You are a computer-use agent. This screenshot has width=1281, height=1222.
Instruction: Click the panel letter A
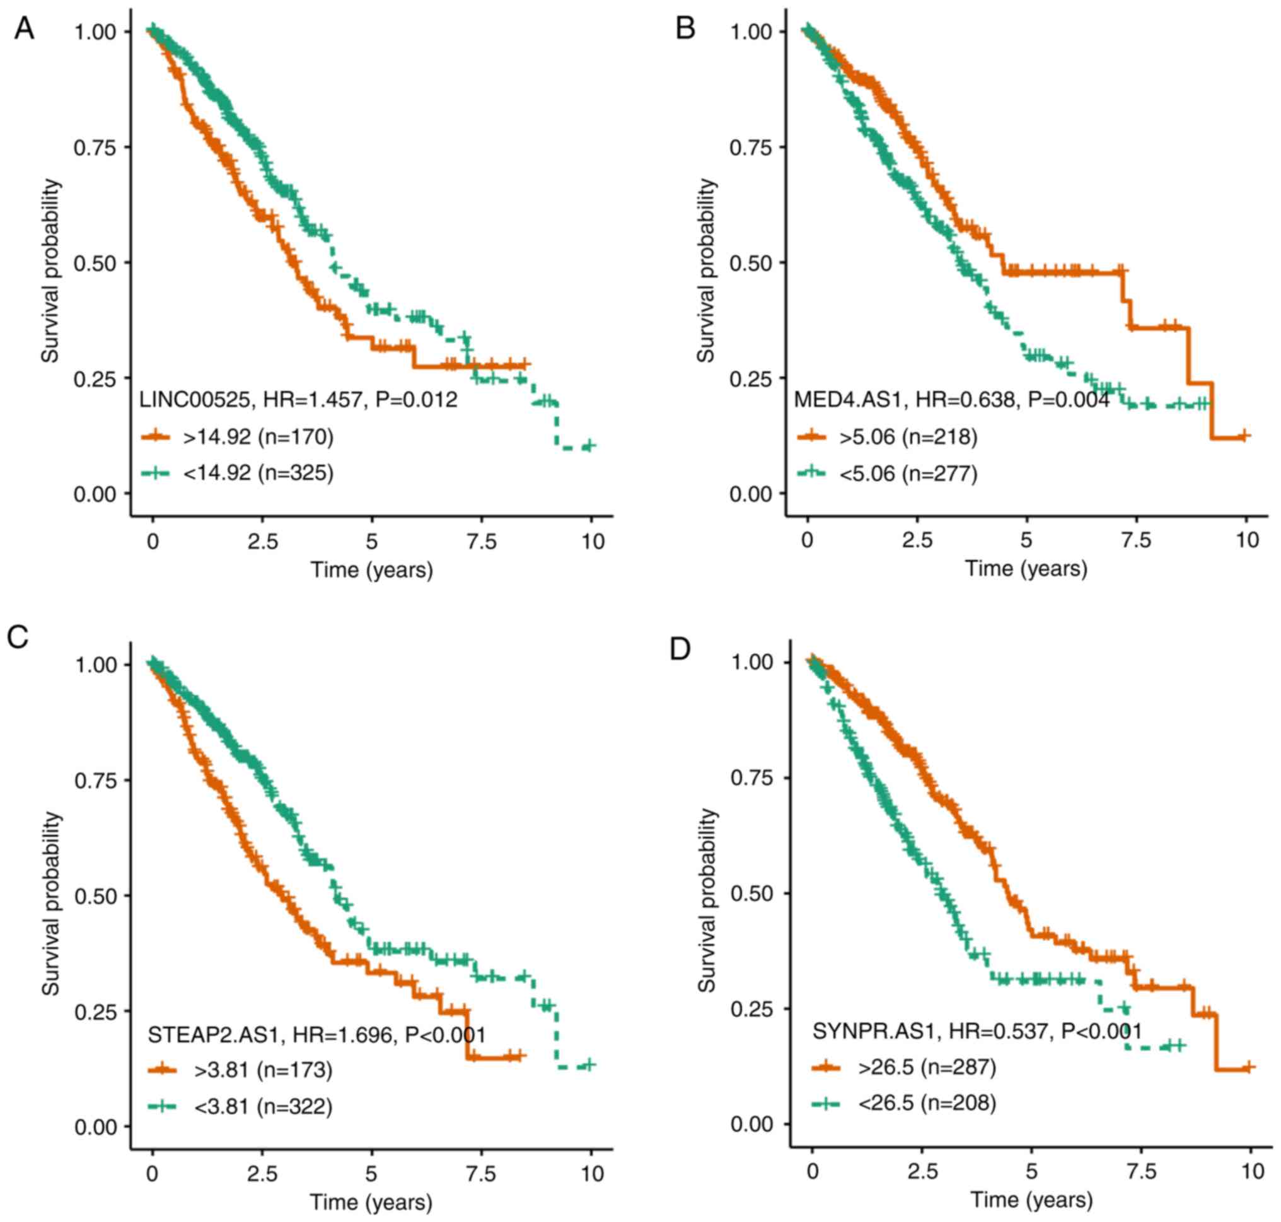pyautogui.click(x=24, y=28)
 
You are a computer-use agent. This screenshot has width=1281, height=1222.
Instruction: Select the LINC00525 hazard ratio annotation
pyautogui.click(x=298, y=399)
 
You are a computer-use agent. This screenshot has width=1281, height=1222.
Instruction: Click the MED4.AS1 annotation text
pyautogui.click(x=951, y=399)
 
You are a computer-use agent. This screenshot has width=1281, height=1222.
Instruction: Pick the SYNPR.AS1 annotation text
pyautogui.click(x=977, y=1031)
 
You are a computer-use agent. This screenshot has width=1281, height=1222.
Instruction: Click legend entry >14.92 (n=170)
pyautogui.click(x=258, y=436)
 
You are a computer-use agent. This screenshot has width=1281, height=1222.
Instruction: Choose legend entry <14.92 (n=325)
pyautogui.click(x=258, y=472)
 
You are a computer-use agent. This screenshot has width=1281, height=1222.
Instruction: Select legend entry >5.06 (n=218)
pyautogui.click(x=908, y=436)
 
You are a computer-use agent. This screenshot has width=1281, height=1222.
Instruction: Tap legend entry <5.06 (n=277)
pyautogui.click(x=908, y=473)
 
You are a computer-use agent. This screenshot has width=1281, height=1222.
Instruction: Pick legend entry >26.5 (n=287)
pyautogui.click(x=926, y=1067)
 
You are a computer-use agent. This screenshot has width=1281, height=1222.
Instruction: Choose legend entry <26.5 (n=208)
pyautogui.click(x=926, y=1103)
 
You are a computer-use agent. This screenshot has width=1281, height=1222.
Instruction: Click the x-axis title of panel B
pyautogui.click(x=1026, y=569)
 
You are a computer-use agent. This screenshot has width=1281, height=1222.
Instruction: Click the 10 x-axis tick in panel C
pyautogui.click(x=591, y=1174)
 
